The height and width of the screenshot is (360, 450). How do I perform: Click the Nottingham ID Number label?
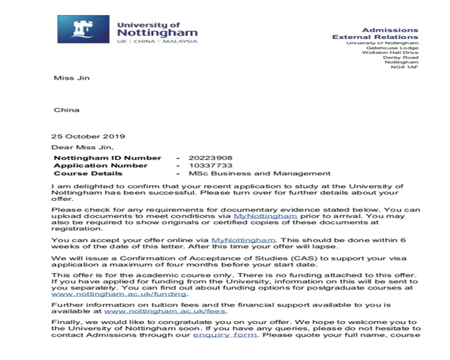107,157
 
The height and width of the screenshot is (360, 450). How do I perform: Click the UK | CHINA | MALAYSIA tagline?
155,42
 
